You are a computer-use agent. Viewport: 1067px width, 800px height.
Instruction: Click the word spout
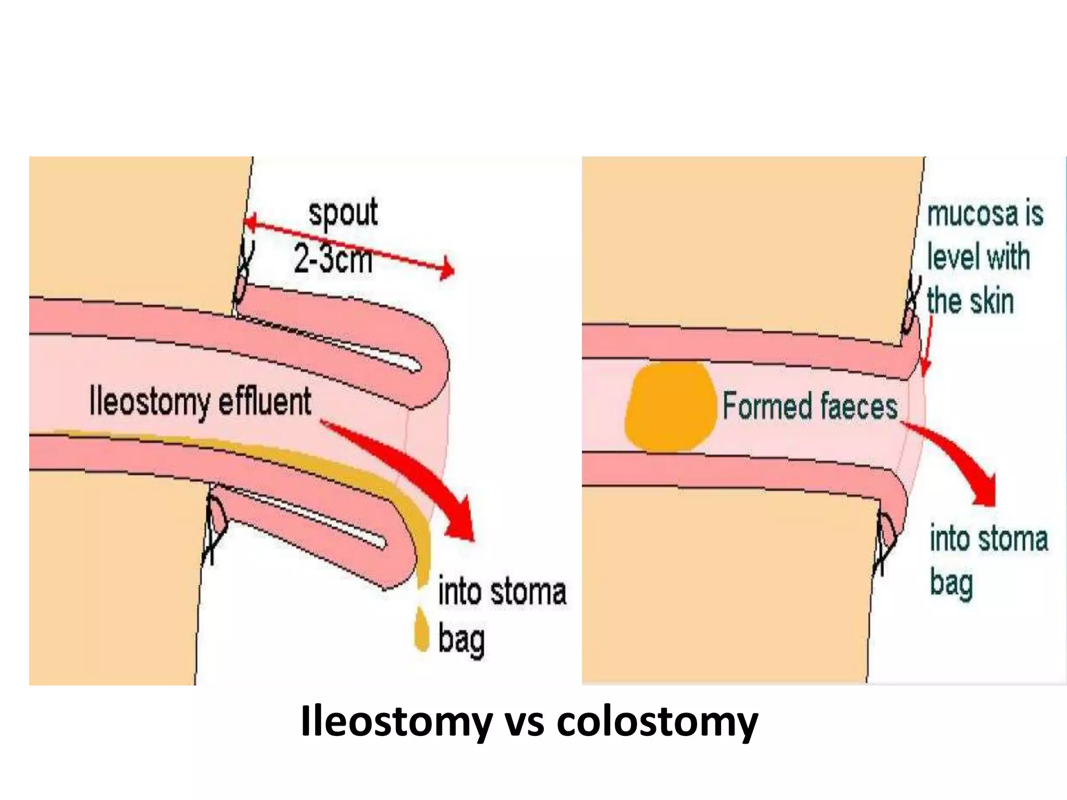coord(343,213)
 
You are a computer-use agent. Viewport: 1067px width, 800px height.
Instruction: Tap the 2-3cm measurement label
coord(333,258)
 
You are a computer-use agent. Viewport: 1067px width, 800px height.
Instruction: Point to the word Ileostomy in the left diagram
coord(149,402)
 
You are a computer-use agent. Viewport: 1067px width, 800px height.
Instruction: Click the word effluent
coord(265,402)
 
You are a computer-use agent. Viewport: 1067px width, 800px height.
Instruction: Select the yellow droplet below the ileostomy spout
coord(421,629)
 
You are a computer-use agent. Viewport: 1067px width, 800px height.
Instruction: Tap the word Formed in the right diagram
coord(767,406)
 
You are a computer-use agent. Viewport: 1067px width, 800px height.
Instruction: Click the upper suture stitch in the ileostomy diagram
coord(243,273)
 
